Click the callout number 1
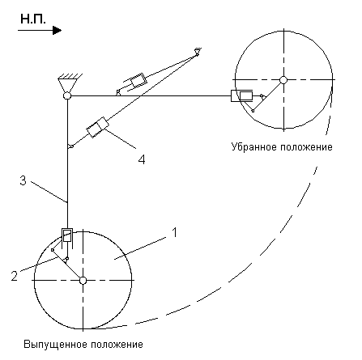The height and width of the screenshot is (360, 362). tap(175, 232)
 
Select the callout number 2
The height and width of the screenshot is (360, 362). tap(15, 276)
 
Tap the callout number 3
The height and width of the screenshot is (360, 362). tap(23, 180)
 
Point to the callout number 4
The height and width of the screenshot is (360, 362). tap(142, 159)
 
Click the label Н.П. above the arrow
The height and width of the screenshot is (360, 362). tap(33, 19)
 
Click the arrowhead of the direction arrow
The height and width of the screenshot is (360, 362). tap(57, 30)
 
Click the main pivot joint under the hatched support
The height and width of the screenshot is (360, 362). tap(67, 95)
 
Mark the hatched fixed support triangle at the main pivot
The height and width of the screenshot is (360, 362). tap(67, 83)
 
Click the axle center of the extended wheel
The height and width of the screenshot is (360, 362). tap(83, 281)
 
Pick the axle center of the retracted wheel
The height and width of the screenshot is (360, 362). tap(283, 80)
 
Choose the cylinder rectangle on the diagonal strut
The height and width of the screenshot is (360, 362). tap(97, 127)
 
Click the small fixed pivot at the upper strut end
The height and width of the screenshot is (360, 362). tap(198, 52)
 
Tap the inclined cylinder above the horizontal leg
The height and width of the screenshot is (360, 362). tap(134, 82)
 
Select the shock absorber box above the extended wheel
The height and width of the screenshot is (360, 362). tap(67, 235)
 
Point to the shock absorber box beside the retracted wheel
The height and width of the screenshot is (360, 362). tap(242, 95)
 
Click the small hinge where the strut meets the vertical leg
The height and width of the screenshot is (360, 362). tap(71, 146)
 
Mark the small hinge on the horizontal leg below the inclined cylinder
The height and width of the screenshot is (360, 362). tap(117, 92)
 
